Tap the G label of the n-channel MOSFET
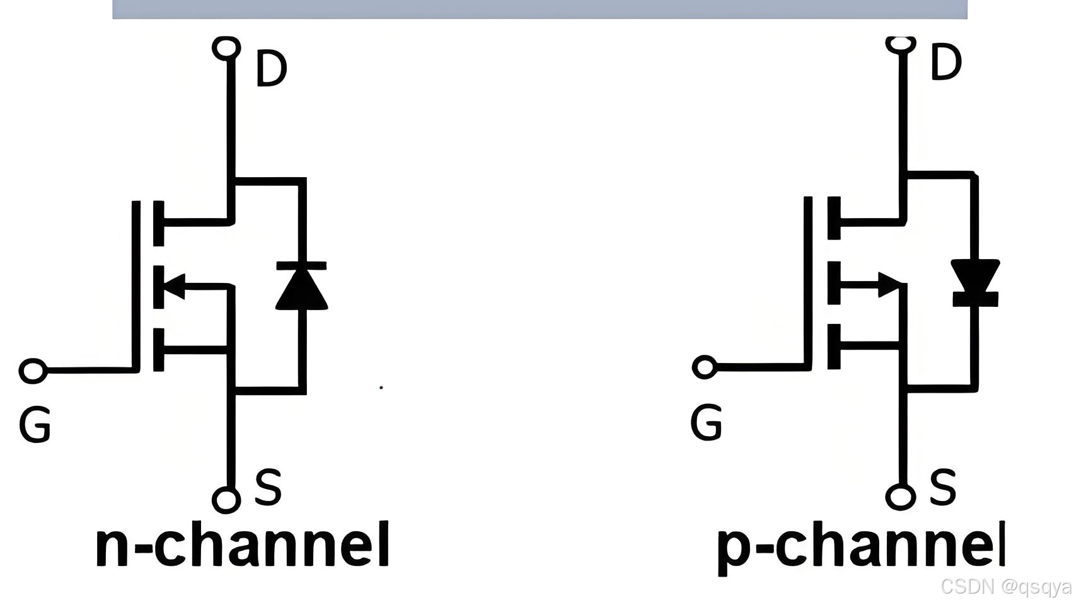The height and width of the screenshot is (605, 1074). click(x=35, y=425)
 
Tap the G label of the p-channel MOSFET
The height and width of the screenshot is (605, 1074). click(x=706, y=422)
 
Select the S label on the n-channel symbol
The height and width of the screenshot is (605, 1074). click(x=268, y=487)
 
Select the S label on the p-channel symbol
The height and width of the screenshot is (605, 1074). click(x=943, y=487)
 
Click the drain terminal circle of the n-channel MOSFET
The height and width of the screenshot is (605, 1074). click(x=226, y=48)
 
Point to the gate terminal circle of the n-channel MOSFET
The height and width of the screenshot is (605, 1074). click(x=33, y=371)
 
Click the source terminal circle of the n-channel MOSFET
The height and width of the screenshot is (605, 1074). click(x=226, y=499)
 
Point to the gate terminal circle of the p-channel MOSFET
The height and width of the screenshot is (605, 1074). click(x=705, y=367)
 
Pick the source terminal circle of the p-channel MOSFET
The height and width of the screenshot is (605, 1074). click(x=901, y=496)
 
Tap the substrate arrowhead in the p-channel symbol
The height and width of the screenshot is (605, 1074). click(x=890, y=284)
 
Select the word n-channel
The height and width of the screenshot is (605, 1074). click(x=243, y=544)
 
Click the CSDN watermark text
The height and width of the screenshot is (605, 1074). click(x=1005, y=587)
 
